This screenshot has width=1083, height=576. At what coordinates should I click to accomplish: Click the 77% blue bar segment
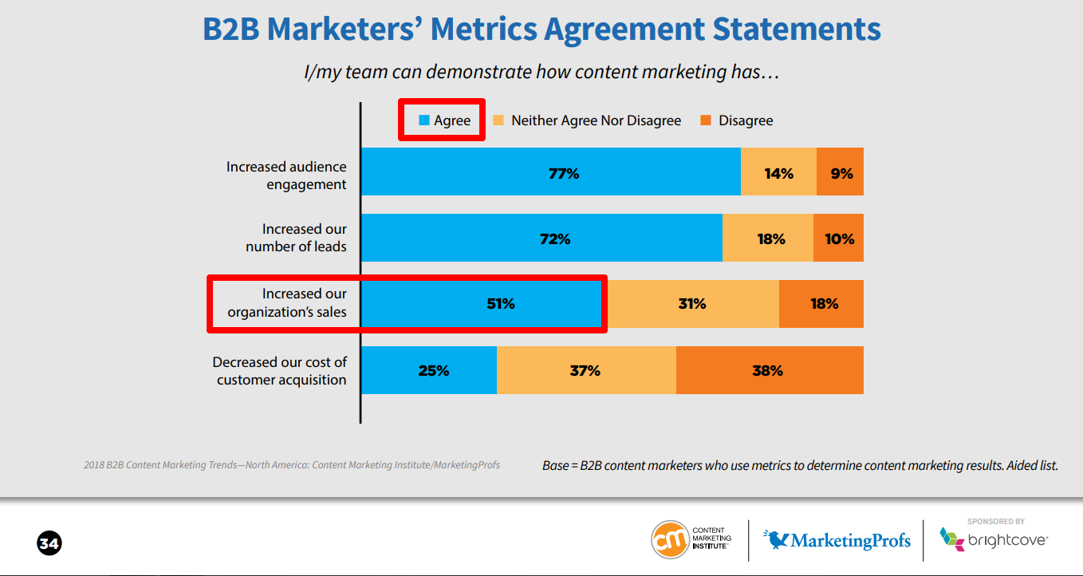point(550,172)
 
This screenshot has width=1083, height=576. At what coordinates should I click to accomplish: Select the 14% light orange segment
point(778,172)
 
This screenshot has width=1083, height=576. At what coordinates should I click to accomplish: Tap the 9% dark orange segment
point(841,172)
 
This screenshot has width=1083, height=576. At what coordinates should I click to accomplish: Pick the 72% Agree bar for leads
point(541,239)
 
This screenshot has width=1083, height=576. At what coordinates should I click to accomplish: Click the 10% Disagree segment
point(839,239)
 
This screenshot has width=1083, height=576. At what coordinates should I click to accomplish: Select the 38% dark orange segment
point(770,370)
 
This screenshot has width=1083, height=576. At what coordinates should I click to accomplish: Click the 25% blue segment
point(429,370)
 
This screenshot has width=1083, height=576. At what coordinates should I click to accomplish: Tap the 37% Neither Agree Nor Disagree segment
point(586,370)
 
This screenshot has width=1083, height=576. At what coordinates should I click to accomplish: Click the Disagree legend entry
point(737,120)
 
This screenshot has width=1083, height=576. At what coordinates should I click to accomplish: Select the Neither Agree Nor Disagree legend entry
point(588,120)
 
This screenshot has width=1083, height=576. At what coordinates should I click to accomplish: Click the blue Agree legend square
point(424,120)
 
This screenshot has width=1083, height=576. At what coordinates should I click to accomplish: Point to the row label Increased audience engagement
point(286,176)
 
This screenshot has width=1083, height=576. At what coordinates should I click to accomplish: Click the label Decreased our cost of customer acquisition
point(280,371)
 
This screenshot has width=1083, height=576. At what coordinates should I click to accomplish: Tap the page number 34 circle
point(49,544)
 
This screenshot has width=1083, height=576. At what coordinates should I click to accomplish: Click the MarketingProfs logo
point(837,540)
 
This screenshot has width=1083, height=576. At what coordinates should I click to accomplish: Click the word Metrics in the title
point(486,29)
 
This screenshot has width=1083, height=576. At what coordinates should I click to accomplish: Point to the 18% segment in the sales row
point(823,304)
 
